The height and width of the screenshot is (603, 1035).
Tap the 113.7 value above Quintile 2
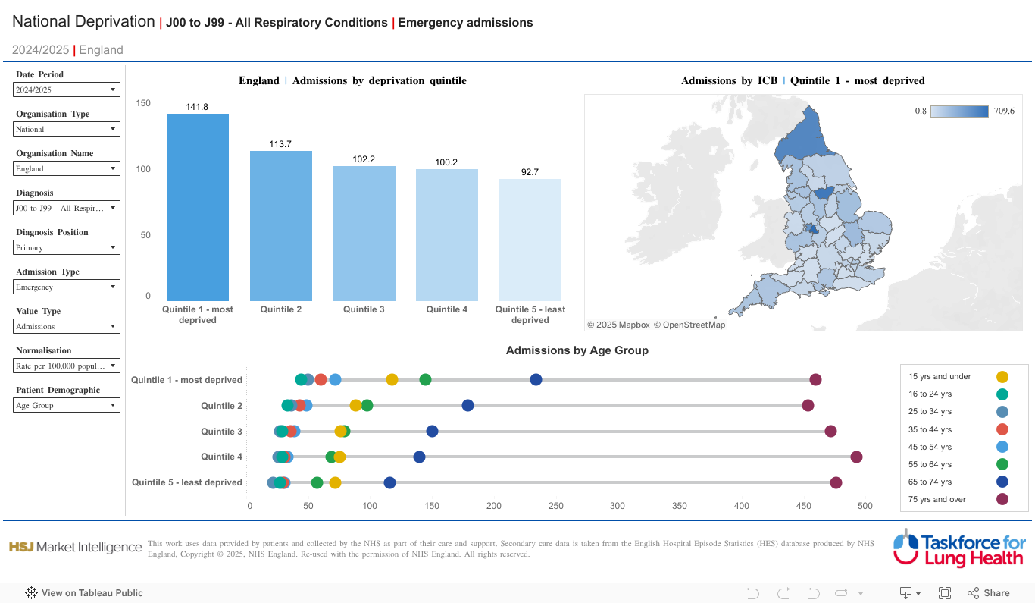coord(280,144)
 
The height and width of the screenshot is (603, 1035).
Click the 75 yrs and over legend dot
coord(1002,499)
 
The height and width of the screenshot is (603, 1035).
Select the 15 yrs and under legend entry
coord(940,376)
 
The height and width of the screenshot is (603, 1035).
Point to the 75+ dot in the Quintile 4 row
coord(856,457)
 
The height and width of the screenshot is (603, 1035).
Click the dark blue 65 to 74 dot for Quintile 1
coord(536,380)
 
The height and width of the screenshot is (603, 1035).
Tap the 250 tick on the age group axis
coord(556,506)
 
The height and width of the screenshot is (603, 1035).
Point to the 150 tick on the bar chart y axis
coord(143,103)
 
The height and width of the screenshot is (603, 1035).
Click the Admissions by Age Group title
coord(577,350)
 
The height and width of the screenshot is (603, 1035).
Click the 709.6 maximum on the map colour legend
coord(1004,111)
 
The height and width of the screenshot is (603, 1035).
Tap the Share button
coord(989,593)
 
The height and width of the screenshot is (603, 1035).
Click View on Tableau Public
coord(84,593)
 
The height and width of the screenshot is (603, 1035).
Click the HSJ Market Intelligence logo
coord(75,547)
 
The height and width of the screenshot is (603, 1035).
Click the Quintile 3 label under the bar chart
coord(364,309)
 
